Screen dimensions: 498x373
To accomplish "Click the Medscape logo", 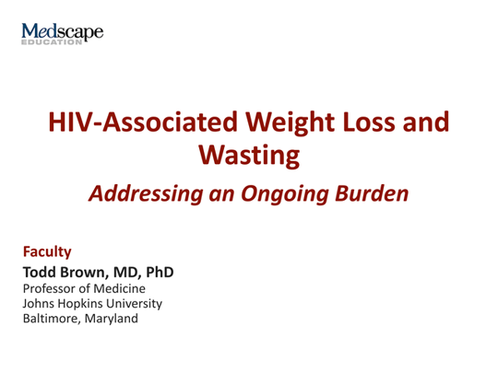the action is pos(63,33).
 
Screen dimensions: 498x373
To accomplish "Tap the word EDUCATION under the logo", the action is pos(52,42).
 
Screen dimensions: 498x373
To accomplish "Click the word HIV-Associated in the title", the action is pos(143,122).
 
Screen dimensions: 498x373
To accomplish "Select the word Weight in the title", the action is pos(290,123).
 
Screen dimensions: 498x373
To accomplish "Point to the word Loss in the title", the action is pos(369,122).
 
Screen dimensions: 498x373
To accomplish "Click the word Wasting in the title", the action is pos(249,156).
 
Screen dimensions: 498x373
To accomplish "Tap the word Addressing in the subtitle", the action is pos(146,193).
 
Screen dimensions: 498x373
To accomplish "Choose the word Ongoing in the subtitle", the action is pos(285,194).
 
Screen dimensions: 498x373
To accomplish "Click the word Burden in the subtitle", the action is pos(372,193).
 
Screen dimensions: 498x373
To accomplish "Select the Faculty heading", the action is pos(47,252).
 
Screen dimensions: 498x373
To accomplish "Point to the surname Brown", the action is pos(84,272).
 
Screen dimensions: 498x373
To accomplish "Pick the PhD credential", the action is pos(160,272).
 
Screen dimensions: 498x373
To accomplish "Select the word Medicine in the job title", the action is pos(119,288).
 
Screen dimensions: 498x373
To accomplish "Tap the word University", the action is pos(134,304).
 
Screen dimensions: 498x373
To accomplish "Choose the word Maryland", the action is pos(112,319).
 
